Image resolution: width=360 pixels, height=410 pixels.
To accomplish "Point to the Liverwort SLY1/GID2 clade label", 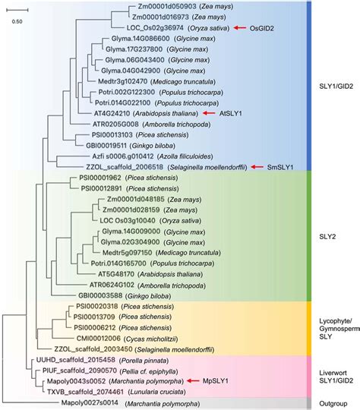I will click(x=331, y=370).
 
